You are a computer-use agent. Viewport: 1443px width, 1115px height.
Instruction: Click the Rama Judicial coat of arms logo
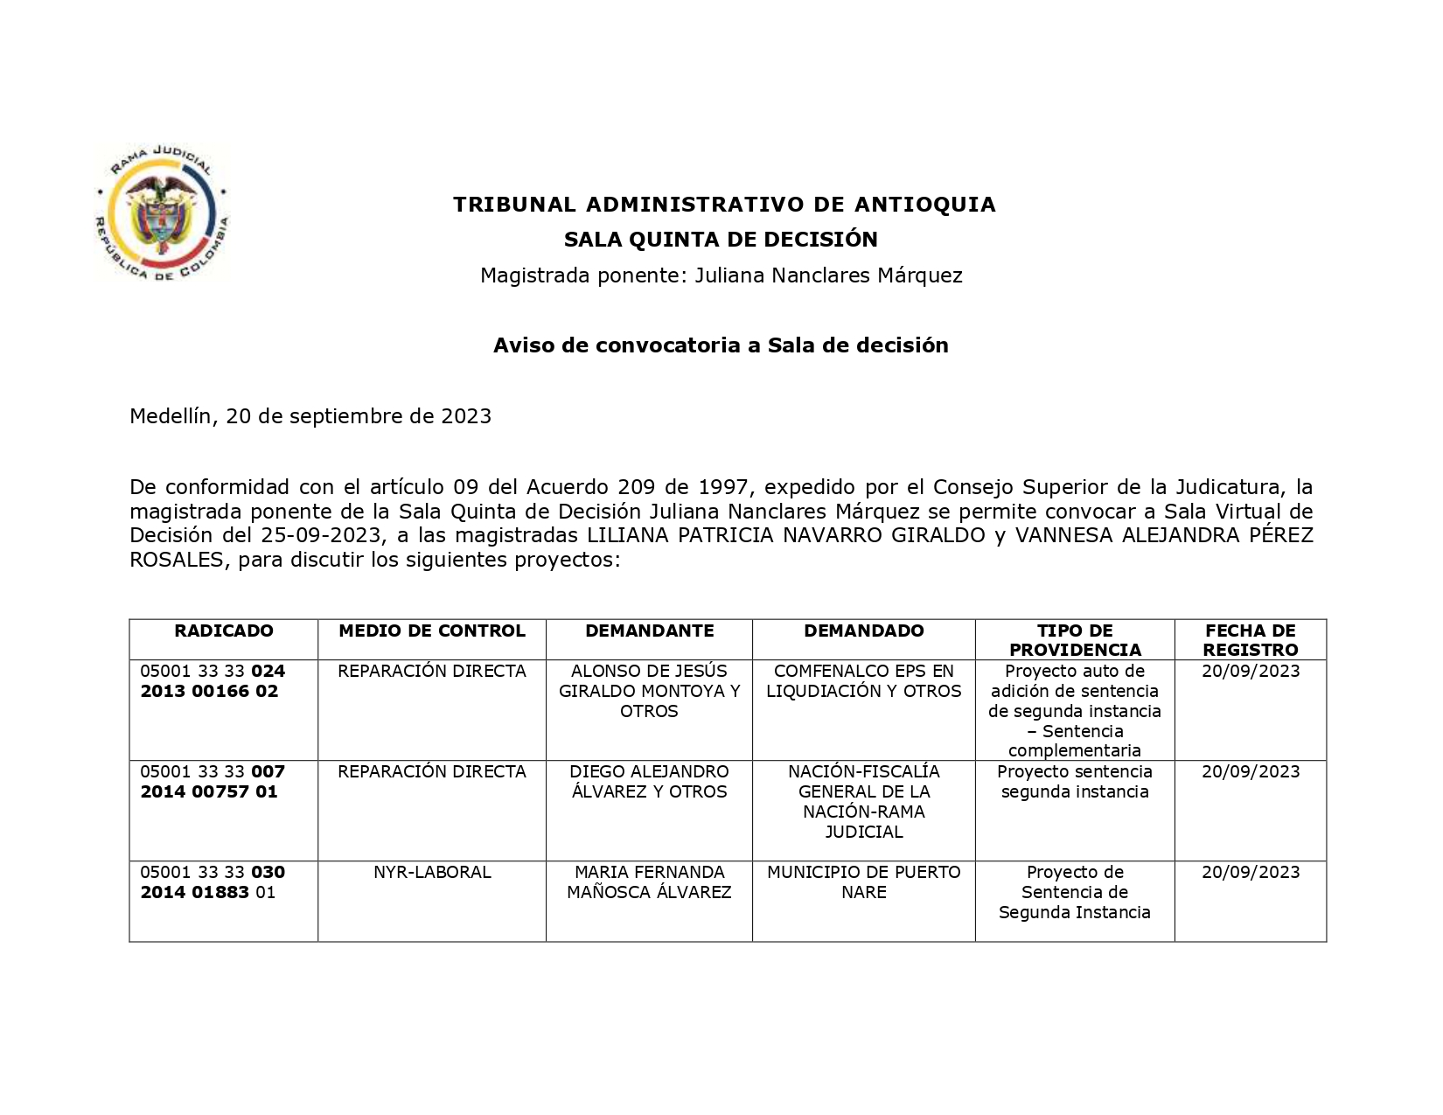click(161, 213)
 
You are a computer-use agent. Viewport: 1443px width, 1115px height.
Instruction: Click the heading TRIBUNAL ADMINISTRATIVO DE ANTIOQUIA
click(724, 205)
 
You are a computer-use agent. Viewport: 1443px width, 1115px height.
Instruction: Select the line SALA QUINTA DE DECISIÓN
click(721, 240)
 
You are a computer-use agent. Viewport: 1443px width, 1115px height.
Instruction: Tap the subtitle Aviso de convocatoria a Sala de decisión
click(721, 345)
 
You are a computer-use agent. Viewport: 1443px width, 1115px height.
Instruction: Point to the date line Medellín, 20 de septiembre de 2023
click(310, 416)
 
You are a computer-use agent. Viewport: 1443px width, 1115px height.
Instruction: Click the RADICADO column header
click(224, 631)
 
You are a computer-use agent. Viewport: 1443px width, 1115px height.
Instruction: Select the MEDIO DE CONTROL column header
click(432, 631)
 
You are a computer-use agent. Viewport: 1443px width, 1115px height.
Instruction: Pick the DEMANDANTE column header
click(649, 631)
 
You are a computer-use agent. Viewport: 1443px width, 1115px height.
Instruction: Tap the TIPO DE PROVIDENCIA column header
click(1075, 640)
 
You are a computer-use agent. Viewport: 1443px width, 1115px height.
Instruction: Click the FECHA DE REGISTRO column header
click(1251, 640)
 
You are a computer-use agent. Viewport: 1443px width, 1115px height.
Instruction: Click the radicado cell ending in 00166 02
click(213, 681)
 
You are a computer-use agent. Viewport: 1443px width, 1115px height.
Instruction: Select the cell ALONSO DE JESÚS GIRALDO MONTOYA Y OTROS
click(649, 691)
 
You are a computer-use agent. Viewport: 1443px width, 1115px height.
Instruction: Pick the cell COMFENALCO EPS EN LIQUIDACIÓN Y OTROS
click(864, 681)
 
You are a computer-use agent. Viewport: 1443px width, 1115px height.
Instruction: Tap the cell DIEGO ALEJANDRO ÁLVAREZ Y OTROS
click(649, 782)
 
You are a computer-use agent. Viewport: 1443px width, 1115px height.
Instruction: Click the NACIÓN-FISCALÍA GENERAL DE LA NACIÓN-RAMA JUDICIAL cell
click(864, 801)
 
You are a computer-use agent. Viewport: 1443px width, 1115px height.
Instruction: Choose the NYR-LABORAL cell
click(432, 873)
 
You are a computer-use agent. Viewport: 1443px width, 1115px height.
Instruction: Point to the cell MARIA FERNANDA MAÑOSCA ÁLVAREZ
click(649, 882)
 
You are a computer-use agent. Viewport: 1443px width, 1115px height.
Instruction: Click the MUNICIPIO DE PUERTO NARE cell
click(864, 882)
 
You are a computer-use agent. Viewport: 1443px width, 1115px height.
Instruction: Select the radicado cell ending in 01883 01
click(213, 882)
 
